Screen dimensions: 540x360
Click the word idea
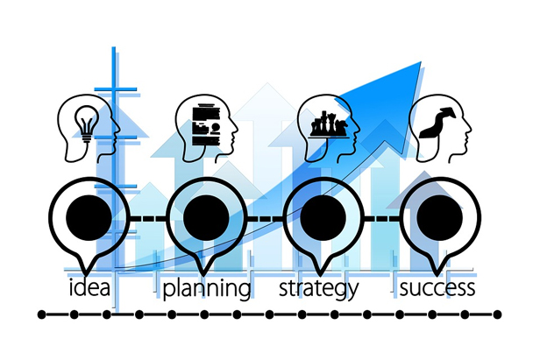[89, 288]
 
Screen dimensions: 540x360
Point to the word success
[437, 288]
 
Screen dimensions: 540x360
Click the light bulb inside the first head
[87, 124]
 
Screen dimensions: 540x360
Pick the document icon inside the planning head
[206, 124]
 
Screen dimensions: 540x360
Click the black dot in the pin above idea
[89, 217]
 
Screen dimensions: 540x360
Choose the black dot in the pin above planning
[206, 217]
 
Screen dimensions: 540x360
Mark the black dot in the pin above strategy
[323, 217]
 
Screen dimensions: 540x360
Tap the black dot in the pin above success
[439, 217]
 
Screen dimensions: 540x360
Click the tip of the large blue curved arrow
[421, 62]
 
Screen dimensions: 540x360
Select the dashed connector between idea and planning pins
[148, 218]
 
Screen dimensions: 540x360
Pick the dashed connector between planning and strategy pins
[265, 218]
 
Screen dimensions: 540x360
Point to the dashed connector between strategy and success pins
[382, 218]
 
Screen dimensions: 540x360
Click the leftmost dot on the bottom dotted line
[41, 314]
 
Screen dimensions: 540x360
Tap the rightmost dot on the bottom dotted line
[497, 314]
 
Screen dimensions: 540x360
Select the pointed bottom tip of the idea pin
[86, 275]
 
